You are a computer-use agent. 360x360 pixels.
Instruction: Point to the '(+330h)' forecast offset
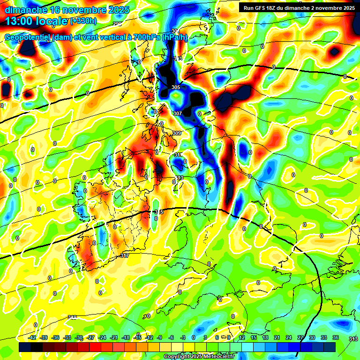pos(83,21)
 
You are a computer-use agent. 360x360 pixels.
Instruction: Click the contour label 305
pos(176,88)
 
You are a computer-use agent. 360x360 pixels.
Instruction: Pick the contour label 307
pos(177,114)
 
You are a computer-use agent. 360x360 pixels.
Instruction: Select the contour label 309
pos(176,134)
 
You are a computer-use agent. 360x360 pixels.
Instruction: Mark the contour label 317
pos(124,255)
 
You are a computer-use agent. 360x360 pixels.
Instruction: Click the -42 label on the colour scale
pos(32,337)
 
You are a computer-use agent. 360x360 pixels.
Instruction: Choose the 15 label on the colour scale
pos(253,337)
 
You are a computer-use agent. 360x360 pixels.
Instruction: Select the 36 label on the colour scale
pos(335,337)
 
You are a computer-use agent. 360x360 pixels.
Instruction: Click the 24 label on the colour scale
pos(288,337)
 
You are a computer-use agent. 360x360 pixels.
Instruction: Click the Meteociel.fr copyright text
pos(198,356)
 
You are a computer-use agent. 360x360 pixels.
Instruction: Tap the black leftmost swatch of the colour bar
pos(25,346)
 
